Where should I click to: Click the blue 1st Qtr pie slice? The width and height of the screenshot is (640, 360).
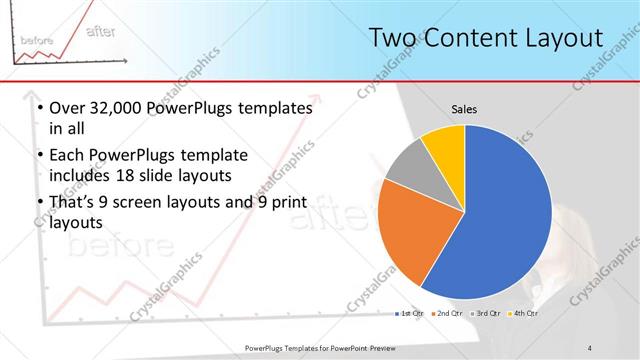(505, 215)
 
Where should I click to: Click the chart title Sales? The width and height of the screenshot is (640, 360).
(464, 108)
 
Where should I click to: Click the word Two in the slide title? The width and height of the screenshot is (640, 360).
(390, 39)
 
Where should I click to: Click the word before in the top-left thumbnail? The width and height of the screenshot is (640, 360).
(37, 39)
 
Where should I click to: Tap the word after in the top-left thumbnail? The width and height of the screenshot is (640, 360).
(102, 31)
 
